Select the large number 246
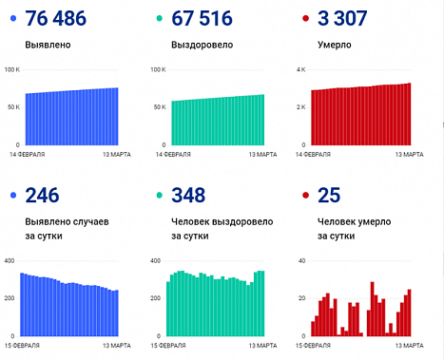point(41,196)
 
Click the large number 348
point(190,196)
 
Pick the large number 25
point(329,196)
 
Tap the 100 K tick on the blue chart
point(12,71)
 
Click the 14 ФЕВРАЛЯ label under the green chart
point(170,154)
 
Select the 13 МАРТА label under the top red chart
point(408,154)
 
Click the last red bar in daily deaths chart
point(409,313)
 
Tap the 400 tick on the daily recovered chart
point(158,260)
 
